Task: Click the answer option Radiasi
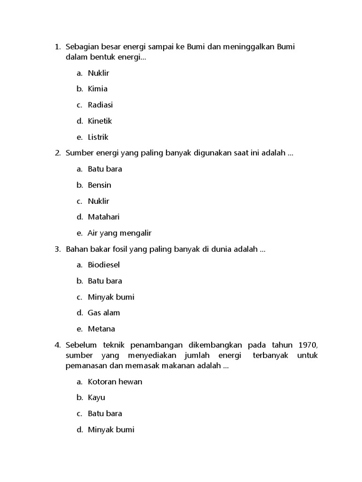(100, 105)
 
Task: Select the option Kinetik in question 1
(99, 121)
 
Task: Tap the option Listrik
(98, 137)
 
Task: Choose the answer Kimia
(98, 89)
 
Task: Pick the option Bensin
(99, 185)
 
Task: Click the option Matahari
(104, 217)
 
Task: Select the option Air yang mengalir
(120, 233)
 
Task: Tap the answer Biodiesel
(104, 265)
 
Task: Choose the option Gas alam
(104, 313)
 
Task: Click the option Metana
(101, 329)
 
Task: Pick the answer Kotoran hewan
(115, 382)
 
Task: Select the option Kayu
(96, 398)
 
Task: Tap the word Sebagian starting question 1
(82, 47)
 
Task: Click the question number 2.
(57, 153)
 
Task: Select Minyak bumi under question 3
(111, 297)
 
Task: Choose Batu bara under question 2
(105, 169)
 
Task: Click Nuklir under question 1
(98, 73)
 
